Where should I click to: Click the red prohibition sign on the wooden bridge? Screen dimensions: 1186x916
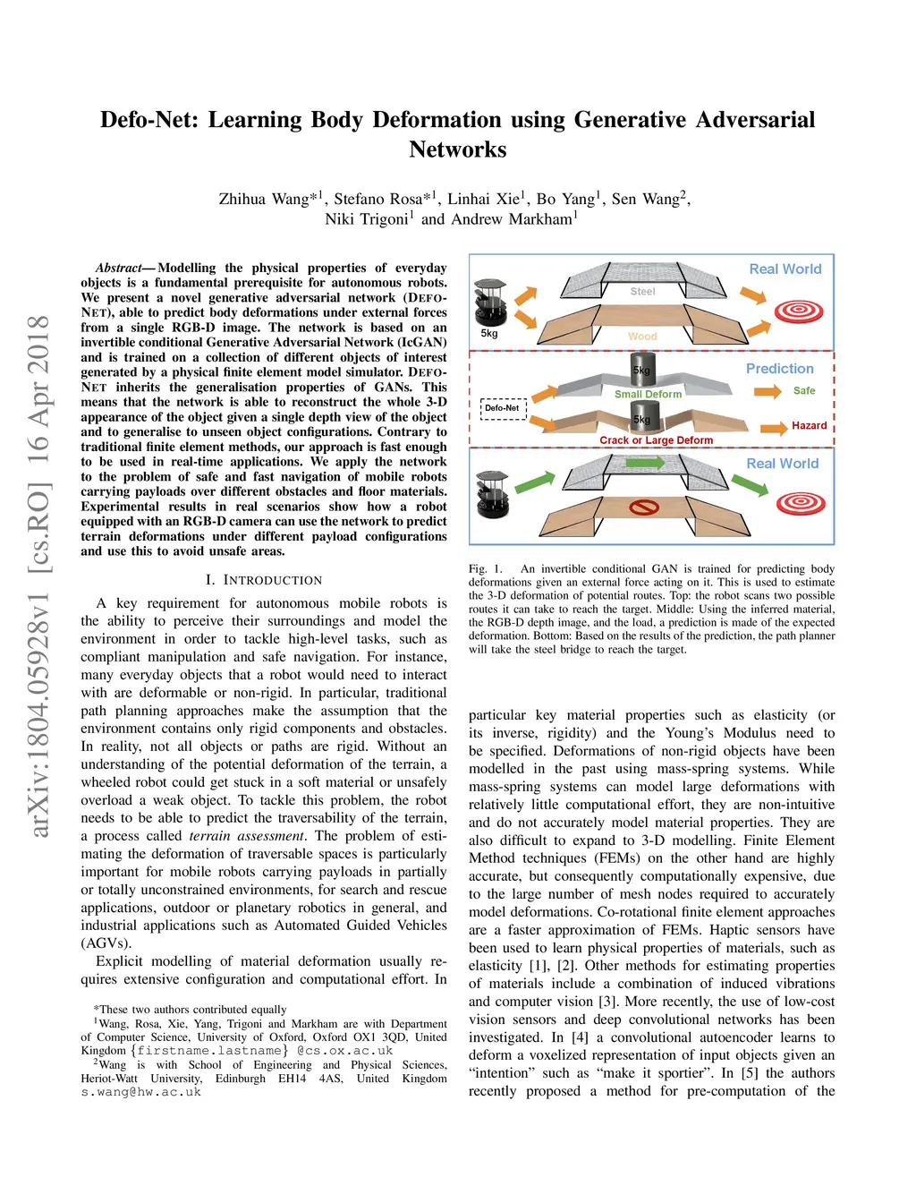click(x=644, y=508)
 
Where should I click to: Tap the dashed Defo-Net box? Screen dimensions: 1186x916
click(x=503, y=408)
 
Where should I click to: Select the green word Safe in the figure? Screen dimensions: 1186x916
click(x=804, y=390)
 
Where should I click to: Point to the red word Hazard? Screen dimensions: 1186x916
click(x=809, y=425)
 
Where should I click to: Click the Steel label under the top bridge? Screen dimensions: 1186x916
click(x=642, y=291)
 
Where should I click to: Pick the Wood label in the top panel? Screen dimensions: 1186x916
click(x=642, y=337)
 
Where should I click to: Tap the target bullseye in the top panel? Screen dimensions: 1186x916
click(x=799, y=311)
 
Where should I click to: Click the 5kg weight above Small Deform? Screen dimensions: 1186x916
click(x=642, y=368)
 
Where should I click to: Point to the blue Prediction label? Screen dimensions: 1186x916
click(x=780, y=368)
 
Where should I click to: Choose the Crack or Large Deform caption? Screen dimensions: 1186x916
click(x=656, y=440)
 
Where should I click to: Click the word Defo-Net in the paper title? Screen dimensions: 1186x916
click(x=148, y=120)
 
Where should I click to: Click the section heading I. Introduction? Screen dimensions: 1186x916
click(x=264, y=580)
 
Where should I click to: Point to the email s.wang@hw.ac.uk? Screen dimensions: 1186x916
click(x=141, y=1092)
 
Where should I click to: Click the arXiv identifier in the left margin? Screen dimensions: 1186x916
click(x=38, y=577)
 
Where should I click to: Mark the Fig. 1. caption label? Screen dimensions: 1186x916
click(x=486, y=568)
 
